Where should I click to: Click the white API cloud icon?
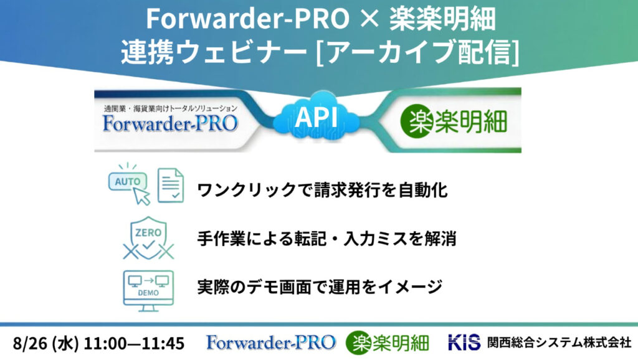coord(317,117)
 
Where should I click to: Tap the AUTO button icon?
coord(128,181)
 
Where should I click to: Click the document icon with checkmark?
coord(171,185)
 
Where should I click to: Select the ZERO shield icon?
coord(148,238)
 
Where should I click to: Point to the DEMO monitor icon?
coord(148,291)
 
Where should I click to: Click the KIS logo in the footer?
coord(464,343)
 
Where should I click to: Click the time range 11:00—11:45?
coord(134,343)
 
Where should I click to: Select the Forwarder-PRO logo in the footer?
coord(271,343)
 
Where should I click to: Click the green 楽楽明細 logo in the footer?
coord(388,343)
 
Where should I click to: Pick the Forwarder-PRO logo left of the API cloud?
coord(171,123)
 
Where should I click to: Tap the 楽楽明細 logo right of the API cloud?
coord(454,121)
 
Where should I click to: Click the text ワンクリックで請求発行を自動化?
coord(322,190)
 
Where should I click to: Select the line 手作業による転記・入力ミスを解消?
coord(326,239)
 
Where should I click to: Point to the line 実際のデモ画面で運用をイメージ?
coord(320,287)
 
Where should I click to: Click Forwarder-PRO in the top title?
coord(247,18)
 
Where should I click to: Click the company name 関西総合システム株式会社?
coord(559,343)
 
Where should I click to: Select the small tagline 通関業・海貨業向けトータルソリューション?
coord(171,108)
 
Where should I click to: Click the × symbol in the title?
coord(369,19)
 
